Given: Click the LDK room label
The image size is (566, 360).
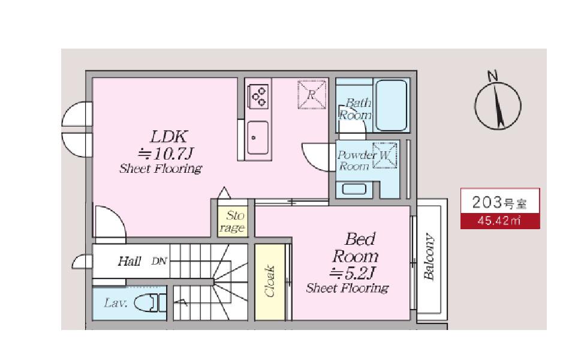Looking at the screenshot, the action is (168, 137).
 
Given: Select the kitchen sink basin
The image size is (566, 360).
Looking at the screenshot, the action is (258, 137).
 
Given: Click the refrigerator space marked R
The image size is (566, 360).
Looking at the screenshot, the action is (312, 94).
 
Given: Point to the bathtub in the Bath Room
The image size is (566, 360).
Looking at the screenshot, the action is (392, 105).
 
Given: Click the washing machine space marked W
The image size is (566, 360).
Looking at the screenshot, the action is (385, 155).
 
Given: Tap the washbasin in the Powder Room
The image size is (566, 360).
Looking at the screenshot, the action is (354, 189).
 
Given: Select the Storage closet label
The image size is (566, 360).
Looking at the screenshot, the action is (233, 222).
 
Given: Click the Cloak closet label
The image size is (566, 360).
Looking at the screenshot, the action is (270, 281).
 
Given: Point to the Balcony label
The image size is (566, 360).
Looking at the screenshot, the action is (429, 256).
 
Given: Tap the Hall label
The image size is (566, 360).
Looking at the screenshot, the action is (130, 261).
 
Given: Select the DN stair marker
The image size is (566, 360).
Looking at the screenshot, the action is (159, 261).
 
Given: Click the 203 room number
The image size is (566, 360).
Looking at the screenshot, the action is (487, 202).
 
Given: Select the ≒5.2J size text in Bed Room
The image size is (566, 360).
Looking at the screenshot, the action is (353, 274).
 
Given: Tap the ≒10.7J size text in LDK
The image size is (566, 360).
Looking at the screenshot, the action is (166, 154).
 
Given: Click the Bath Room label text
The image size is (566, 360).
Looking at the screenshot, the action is (356, 109).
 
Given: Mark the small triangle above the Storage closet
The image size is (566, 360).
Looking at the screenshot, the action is (224, 193).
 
